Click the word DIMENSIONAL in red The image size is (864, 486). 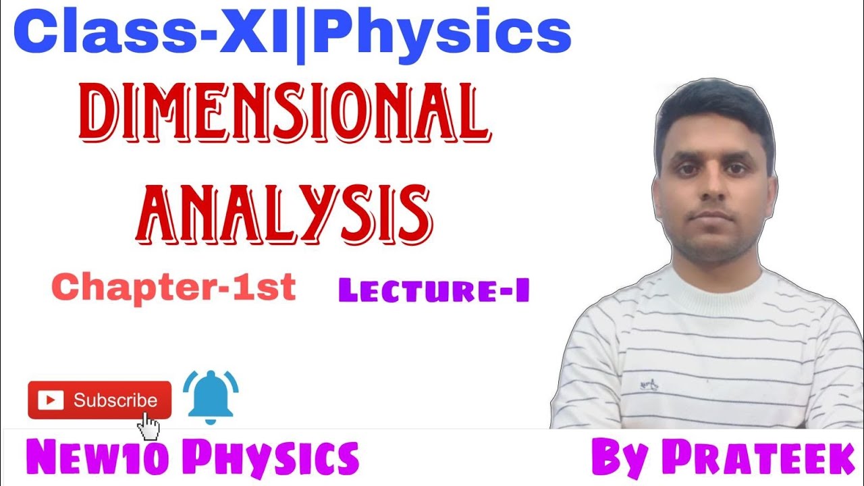click(284, 114)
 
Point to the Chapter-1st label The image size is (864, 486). click(173, 288)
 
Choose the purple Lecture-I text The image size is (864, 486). click(433, 291)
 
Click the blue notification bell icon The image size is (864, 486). click(210, 398)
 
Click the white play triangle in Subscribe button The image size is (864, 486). click(49, 400)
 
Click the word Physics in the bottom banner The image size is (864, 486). click(271, 458)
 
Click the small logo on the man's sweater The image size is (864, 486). click(649, 386)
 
